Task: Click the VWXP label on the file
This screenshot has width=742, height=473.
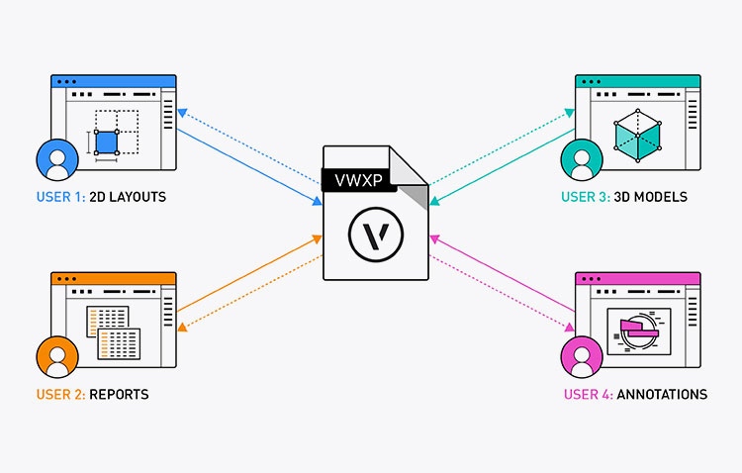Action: pyautogui.click(x=353, y=180)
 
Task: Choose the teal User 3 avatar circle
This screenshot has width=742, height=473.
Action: pyautogui.click(x=581, y=159)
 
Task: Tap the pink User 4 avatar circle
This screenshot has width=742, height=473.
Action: pyautogui.click(x=581, y=357)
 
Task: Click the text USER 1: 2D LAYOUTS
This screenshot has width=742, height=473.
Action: pyautogui.click(x=101, y=197)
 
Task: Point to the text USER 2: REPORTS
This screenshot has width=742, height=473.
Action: pyautogui.click(x=93, y=394)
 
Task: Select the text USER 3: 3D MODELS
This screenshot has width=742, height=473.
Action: pyautogui.click(x=623, y=197)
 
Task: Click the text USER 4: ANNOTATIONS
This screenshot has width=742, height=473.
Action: pyautogui.click(x=633, y=394)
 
